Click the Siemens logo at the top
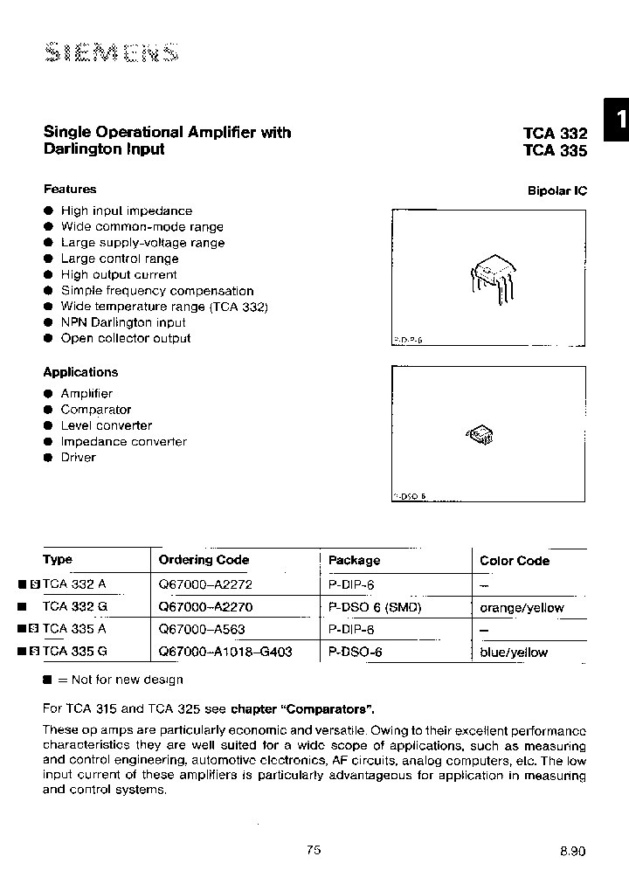point(110,53)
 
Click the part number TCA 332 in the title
point(555,134)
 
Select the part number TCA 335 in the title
point(555,150)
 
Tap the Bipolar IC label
point(557,190)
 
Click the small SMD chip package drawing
point(480,434)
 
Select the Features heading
point(70,189)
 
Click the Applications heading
point(80,372)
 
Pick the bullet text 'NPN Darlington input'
point(123,322)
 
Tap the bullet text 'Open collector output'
point(125,338)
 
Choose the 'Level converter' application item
point(106,425)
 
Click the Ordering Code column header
point(204,560)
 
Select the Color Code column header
point(515,561)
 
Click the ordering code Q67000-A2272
point(204,584)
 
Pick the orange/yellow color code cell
point(522,607)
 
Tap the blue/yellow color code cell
point(514,653)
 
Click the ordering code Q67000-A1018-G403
point(225,652)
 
